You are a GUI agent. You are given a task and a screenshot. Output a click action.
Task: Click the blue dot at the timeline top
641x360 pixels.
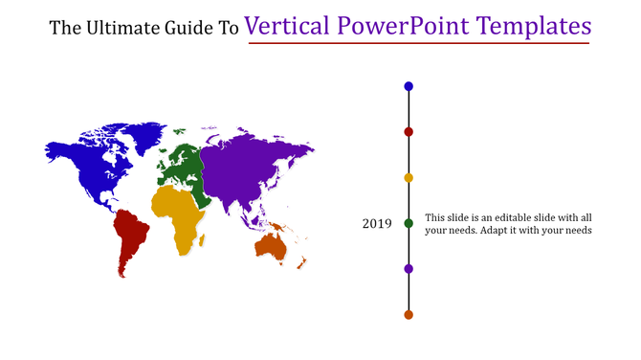tap(409, 86)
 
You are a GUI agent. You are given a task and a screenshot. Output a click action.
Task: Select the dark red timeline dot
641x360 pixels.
tap(409, 132)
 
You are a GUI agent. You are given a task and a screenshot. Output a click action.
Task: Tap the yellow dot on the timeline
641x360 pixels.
tap(409, 178)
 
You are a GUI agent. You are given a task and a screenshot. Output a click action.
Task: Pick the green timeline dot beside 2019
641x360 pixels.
tap(409, 223)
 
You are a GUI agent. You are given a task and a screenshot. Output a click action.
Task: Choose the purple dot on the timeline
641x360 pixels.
tap(409, 269)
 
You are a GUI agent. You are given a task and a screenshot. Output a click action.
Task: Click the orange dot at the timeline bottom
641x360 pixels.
tap(409, 315)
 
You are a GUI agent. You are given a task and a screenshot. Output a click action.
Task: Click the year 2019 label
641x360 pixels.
tap(376, 224)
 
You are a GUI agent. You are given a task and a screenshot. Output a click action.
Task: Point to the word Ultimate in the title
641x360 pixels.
tap(123, 28)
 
